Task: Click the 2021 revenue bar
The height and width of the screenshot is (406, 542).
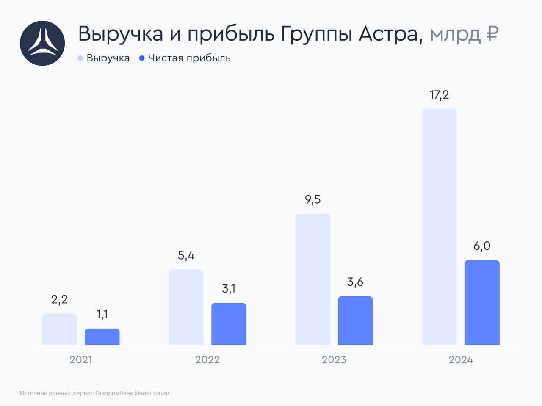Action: (x=59, y=329)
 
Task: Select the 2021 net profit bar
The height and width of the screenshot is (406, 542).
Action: (x=102, y=337)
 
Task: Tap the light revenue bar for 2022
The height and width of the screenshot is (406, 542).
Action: (x=186, y=307)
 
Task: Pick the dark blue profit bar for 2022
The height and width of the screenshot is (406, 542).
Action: (x=229, y=324)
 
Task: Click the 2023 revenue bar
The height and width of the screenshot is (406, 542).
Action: (x=312, y=279)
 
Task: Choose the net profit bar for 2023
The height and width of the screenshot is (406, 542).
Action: (x=355, y=320)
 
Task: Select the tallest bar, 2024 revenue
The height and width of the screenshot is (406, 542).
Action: (x=440, y=227)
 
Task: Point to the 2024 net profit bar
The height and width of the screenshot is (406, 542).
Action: (x=482, y=303)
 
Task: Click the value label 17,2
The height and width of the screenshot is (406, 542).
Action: (x=440, y=95)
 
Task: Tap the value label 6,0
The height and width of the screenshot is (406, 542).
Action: (x=482, y=246)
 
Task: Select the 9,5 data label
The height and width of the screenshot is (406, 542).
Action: (x=313, y=199)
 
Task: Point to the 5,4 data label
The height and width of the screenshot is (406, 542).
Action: (x=186, y=256)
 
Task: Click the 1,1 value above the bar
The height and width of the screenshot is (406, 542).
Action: (x=102, y=315)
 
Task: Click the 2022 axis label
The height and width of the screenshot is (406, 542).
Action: (x=207, y=360)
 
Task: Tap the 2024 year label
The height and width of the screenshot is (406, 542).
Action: (x=461, y=360)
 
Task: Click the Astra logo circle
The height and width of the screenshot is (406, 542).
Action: (x=42, y=43)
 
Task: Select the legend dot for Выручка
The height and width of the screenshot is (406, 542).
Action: (x=80, y=58)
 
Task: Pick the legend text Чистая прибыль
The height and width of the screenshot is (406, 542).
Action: (x=189, y=58)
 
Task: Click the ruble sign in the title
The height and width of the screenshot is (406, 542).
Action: (x=492, y=34)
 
